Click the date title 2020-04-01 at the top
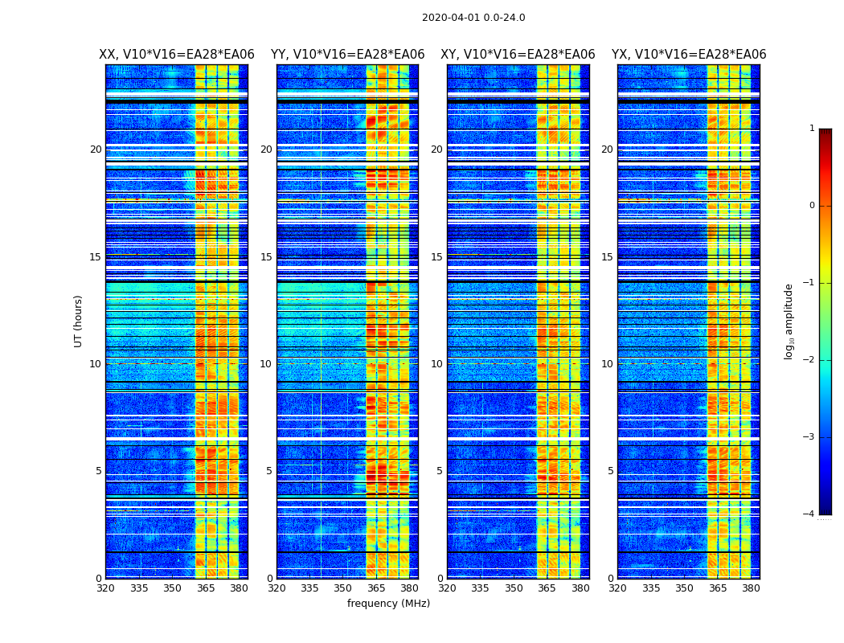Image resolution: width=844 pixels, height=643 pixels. point(473,18)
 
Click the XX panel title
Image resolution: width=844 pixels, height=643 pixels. point(177,55)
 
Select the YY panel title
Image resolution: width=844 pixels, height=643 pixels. point(347,55)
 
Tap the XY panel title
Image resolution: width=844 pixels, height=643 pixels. point(518,55)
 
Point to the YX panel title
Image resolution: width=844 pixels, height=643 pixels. point(689,55)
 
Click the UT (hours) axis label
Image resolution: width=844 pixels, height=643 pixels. point(79,321)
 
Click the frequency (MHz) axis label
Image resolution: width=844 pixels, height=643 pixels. point(388,604)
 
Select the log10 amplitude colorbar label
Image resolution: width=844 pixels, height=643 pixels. point(789,321)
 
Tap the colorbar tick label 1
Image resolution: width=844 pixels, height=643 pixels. point(812,129)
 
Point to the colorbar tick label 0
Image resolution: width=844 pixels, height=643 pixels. point(812,206)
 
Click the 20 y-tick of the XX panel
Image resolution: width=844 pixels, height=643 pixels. point(96,149)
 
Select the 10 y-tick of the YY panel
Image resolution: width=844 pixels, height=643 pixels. point(266,364)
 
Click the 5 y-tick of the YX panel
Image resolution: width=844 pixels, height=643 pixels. point(611,471)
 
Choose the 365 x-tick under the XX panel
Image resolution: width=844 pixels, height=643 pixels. point(206,588)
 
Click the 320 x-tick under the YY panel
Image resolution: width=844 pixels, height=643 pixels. point(277,588)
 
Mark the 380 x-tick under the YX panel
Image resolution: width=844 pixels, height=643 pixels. point(751,588)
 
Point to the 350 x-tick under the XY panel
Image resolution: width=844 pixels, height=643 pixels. point(514,588)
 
